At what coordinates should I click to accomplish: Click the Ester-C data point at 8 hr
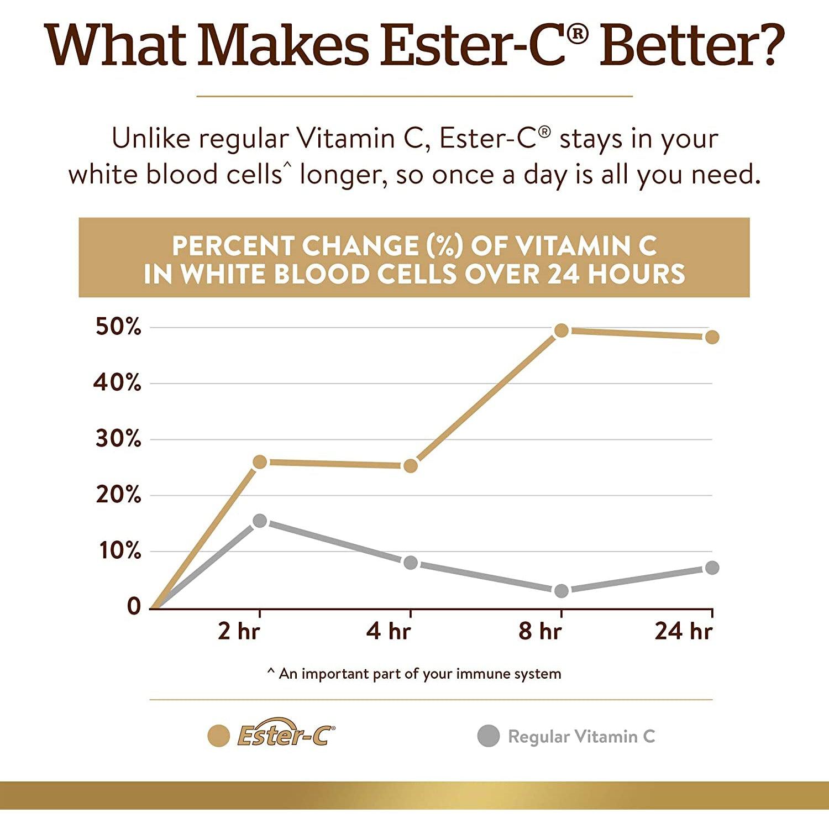tap(561, 330)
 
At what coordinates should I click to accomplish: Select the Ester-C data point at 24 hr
tap(712, 337)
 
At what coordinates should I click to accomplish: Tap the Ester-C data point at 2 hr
tap(259, 461)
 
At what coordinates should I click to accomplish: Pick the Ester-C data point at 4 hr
tap(410, 466)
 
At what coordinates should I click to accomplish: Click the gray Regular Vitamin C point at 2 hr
tap(259, 521)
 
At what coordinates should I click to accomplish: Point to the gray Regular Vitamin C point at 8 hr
tap(561, 591)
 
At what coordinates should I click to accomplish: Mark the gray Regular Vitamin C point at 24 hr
tap(712, 568)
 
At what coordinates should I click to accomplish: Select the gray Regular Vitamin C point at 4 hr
tap(410, 563)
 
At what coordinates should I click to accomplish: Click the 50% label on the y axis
tap(118, 327)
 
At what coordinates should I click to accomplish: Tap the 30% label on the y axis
tap(118, 439)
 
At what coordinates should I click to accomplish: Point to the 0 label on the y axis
tap(134, 607)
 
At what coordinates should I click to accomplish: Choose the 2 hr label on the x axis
tap(238, 631)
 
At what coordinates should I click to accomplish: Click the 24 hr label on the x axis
tap(683, 631)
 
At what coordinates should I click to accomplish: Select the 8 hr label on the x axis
tap(540, 631)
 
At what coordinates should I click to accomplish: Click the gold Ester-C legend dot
tap(218, 736)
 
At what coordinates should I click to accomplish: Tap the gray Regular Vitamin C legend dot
tap(489, 736)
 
